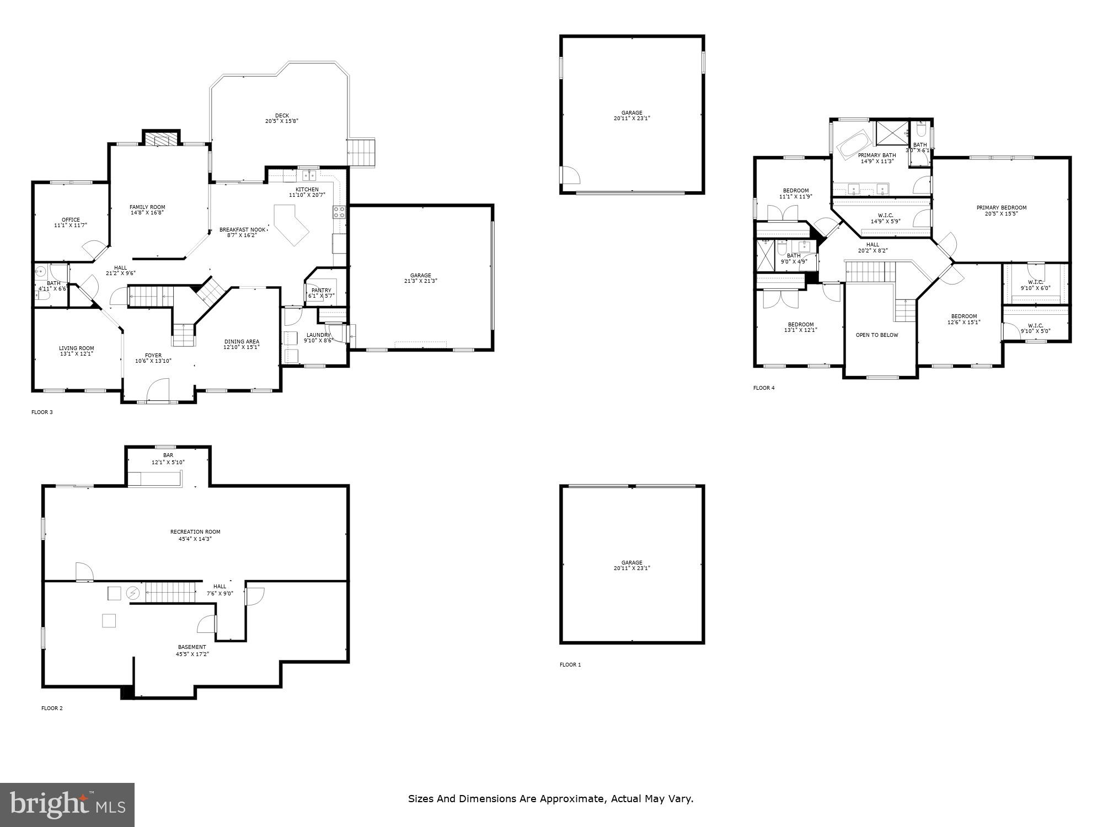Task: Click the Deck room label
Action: click(x=282, y=116)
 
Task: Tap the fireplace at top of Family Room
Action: click(x=161, y=140)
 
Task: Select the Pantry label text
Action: click(x=321, y=290)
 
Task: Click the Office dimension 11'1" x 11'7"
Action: click(x=71, y=225)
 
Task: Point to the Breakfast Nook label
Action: click(x=242, y=229)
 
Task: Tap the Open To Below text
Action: click(x=876, y=335)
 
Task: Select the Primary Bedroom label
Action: click(x=1001, y=208)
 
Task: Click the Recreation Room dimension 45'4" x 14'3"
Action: click(x=195, y=539)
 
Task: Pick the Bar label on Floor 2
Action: click(x=168, y=455)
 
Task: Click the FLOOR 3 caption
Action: click(x=42, y=412)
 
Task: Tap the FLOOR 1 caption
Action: click(x=570, y=664)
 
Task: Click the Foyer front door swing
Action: click(x=159, y=389)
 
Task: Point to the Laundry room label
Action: click(x=318, y=335)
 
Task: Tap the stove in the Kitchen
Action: click(x=339, y=212)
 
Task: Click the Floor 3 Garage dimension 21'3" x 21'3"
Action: click(x=420, y=281)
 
